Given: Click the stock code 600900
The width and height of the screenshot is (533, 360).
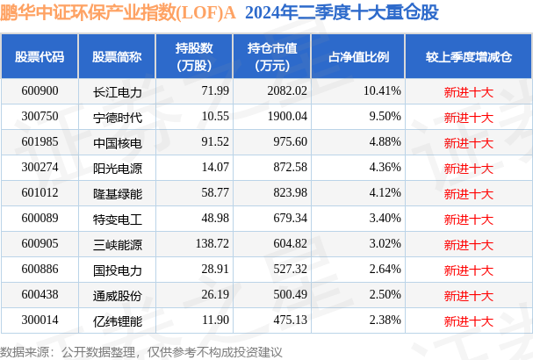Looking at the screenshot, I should (x=40, y=91).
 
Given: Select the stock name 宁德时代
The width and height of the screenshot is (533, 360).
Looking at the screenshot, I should (x=117, y=117).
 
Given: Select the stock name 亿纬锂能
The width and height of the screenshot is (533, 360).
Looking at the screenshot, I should (x=117, y=321).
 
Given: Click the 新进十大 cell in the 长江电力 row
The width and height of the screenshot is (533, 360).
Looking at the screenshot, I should (x=469, y=91).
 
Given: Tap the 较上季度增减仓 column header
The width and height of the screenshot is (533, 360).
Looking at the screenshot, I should (x=469, y=57).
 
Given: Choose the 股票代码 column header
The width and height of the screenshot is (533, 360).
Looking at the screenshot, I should (x=40, y=57).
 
